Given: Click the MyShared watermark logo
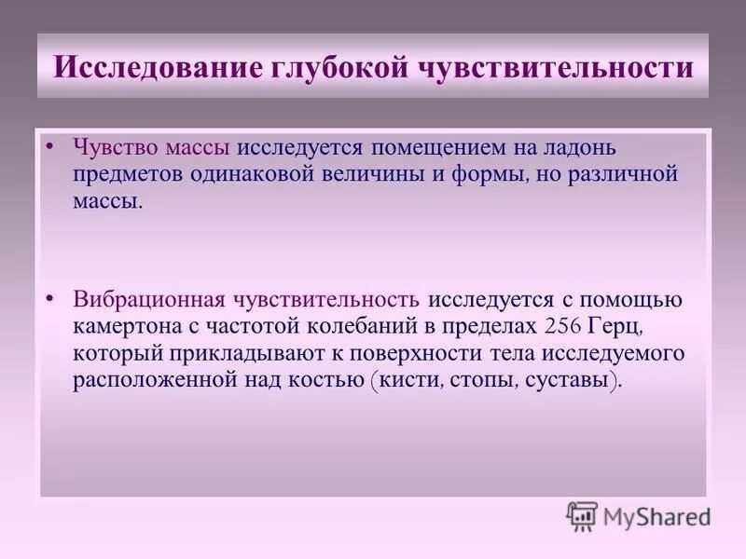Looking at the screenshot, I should click(639, 516).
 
